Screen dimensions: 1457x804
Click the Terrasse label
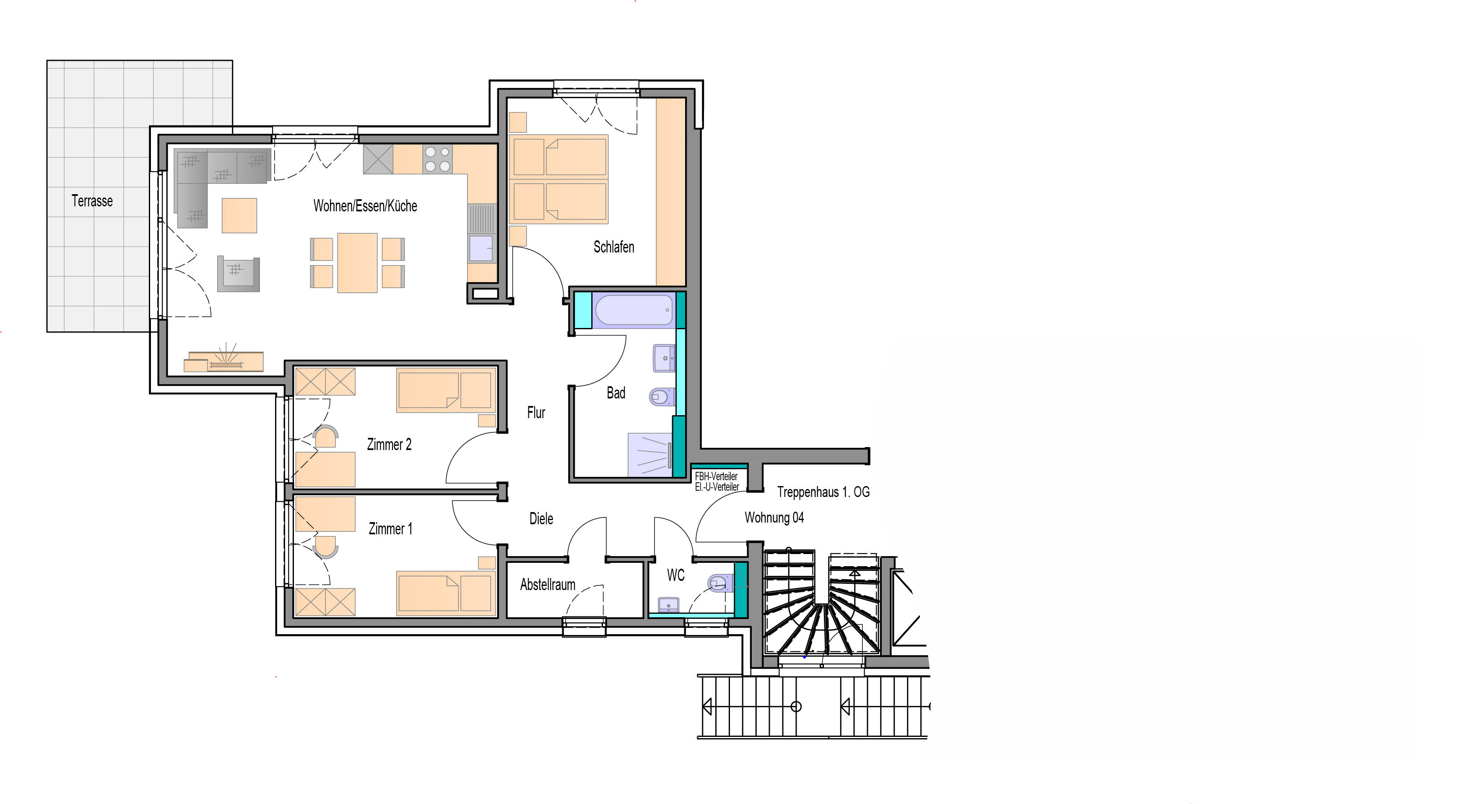pos(92,201)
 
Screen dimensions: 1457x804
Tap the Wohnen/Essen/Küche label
pos(365,206)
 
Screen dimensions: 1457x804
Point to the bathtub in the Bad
pos(634,310)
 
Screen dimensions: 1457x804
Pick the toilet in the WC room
pos(721,582)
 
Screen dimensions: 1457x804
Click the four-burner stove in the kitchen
pos(437,159)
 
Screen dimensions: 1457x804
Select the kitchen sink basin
pos(481,248)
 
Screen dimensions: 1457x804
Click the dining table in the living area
pos(358,263)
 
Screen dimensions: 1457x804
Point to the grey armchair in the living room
pos(238,274)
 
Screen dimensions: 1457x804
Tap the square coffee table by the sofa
pos(239,216)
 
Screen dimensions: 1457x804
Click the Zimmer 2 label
pos(389,445)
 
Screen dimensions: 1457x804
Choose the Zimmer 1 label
pos(390,529)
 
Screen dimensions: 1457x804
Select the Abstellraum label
pos(548,585)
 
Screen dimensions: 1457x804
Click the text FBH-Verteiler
pos(716,476)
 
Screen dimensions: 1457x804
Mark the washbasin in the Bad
pos(665,358)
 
